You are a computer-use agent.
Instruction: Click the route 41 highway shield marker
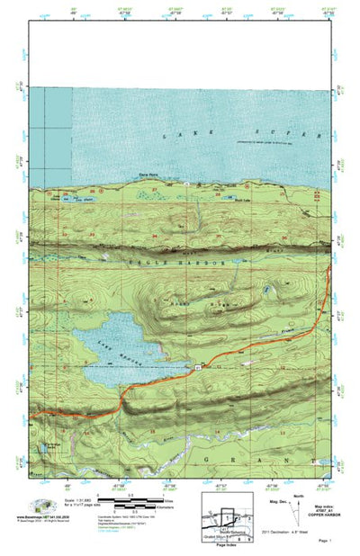(195, 368)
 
